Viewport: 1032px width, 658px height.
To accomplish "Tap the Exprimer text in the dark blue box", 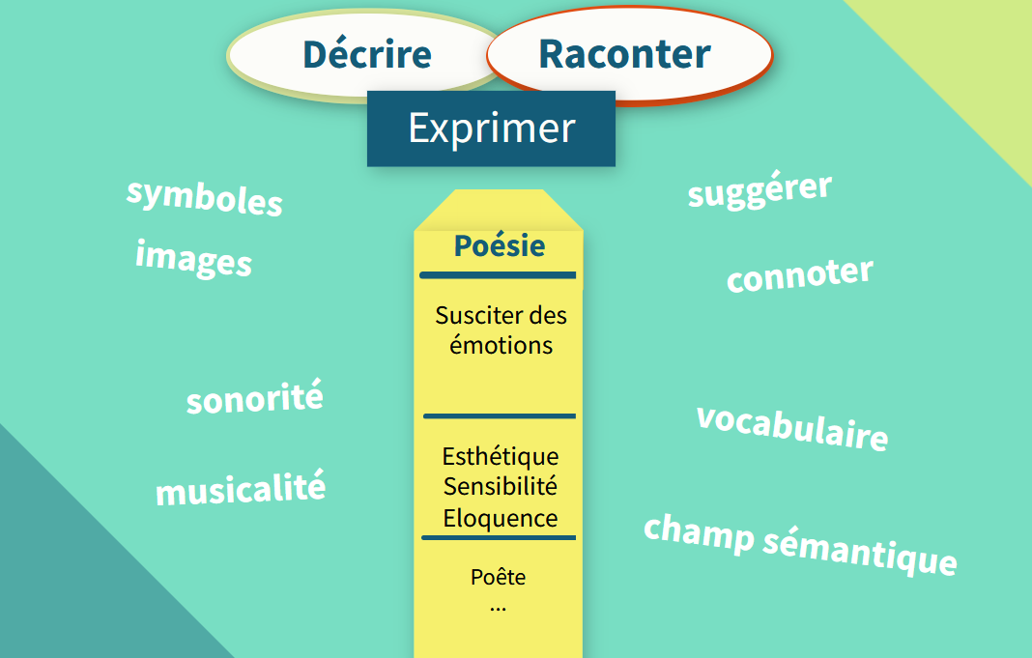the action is coord(492,128).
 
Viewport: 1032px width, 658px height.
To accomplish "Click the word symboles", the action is coord(204,197).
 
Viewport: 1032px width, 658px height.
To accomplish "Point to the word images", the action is coord(193,259).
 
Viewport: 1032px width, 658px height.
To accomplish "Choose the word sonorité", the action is coord(255,397).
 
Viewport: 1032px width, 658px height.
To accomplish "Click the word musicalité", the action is coord(241,488).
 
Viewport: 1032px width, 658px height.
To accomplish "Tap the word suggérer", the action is coord(760,190).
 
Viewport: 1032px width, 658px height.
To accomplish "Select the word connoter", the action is coord(800,274).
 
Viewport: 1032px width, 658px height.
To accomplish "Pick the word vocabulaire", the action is coord(792,427).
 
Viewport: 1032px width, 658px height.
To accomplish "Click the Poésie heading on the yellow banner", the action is coord(500,245).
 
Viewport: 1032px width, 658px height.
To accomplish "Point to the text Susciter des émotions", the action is coord(501,330).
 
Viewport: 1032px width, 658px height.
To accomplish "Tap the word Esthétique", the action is coord(501,457).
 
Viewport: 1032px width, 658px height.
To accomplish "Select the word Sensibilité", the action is coord(501,486).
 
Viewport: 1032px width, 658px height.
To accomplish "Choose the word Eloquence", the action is coord(501,518).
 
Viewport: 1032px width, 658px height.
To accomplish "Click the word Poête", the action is coord(499,577).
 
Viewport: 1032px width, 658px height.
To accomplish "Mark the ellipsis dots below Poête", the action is coord(499,610).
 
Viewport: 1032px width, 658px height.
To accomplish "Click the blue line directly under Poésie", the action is coord(498,275).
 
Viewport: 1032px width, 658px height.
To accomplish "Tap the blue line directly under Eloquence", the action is coord(499,537).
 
